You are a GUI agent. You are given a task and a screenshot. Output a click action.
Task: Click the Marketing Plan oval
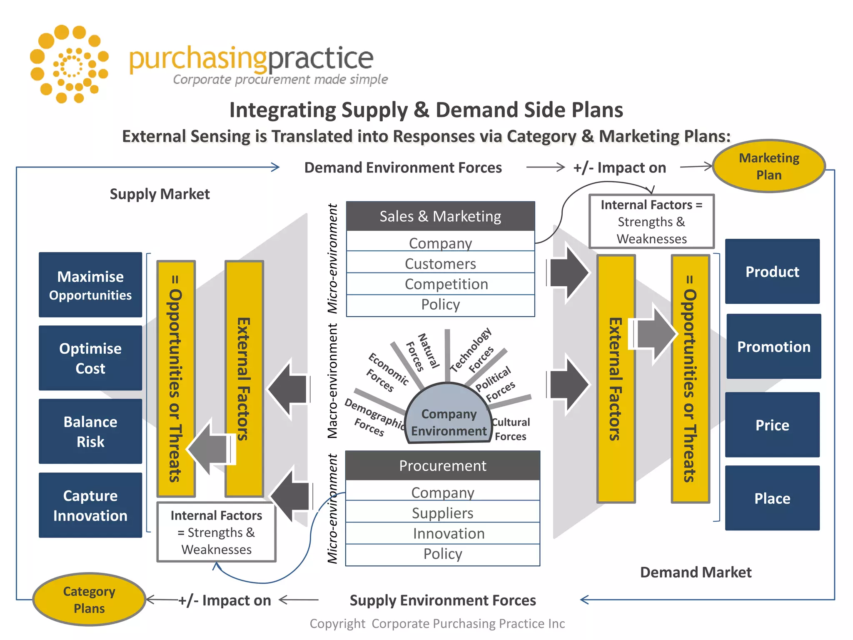769,166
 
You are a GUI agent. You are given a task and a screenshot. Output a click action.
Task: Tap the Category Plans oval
89,599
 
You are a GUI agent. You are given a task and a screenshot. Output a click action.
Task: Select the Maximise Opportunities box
90,285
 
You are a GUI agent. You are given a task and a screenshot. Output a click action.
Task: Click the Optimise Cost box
90,358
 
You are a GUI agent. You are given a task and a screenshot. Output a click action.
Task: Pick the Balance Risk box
90,431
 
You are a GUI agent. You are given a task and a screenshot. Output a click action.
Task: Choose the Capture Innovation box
90,505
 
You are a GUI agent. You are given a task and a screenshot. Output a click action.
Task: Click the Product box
772,271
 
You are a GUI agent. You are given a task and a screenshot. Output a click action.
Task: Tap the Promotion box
774,346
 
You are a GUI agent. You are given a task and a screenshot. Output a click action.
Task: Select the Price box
772,425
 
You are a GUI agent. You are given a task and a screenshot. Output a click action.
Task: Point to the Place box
772,498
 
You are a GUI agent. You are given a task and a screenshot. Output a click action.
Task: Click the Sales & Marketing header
440,216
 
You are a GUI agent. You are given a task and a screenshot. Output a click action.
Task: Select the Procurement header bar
443,465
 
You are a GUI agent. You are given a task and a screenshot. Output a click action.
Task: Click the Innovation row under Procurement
443,533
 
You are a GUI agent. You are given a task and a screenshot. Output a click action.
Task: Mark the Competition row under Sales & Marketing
440,284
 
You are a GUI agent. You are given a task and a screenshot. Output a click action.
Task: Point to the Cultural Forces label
511,429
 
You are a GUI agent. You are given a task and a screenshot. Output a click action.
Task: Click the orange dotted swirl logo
69,64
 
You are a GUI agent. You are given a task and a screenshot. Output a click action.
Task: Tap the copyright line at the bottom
437,623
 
